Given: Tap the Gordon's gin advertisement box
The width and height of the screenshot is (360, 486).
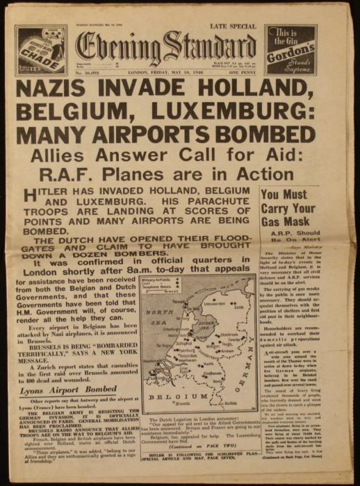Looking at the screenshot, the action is pyautogui.click(x=291, y=49).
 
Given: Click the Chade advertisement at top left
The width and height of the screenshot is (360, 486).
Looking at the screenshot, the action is pyautogui.click(x=40, y=50).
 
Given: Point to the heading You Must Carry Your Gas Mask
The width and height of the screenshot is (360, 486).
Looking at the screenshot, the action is pyautogui.click(x=288, y=208).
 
